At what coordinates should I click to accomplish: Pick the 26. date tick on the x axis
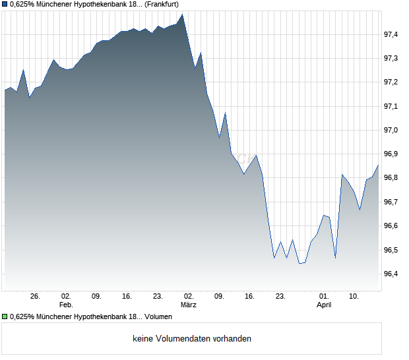tap(35, 297)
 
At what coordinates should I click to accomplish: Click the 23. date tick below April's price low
tap(280, 297)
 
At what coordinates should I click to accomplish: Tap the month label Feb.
tap(66, 305)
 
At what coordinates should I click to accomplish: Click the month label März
tap(189, 305)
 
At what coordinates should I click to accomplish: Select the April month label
tap(324, 305)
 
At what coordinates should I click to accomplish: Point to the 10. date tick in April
tap(354, 297)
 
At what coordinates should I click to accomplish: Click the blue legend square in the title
tap(5, 5)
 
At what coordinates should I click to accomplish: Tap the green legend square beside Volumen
tap(5, 317)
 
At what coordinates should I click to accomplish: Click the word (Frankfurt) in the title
tap(161, 5)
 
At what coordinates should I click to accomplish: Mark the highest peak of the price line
tap(182, 14)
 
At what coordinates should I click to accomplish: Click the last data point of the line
tap(378, 165)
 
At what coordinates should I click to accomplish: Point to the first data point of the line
tap(5, 90)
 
